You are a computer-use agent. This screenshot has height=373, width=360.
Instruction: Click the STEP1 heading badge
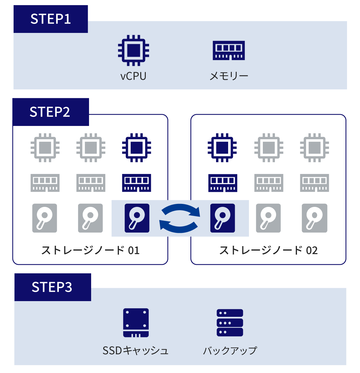pos(51,19)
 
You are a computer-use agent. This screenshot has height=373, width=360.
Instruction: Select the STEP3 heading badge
pos(52,287)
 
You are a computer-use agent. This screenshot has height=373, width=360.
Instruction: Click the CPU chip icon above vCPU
pos(133,50)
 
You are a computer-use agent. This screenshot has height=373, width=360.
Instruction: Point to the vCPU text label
pos(133,76)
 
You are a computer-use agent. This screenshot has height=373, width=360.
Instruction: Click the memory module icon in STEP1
pos(229,50)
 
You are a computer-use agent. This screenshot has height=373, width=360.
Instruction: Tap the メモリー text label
pos(229,76)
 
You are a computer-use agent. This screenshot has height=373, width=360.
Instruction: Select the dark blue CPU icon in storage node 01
pos(137,148)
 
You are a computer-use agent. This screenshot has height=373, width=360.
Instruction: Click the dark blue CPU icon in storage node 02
pos(222,148)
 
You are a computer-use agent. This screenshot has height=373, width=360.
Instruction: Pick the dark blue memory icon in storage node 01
pos(137,183)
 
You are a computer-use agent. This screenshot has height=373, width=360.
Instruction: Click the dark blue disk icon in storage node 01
pos(137,218)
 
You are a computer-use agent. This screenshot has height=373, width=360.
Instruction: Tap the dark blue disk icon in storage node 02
pos(223,218)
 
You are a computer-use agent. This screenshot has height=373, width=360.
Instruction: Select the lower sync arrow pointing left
pos(178,227)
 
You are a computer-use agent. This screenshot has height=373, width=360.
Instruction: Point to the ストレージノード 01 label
pos(90,250)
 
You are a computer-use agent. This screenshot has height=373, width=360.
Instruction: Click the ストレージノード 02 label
pos(268,250)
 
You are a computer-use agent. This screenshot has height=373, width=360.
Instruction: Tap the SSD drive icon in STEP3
pos(136,323)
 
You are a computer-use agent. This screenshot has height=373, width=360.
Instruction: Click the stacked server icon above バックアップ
pos(230,323)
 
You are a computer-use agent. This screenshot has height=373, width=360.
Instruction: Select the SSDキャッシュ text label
pos(135,350)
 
